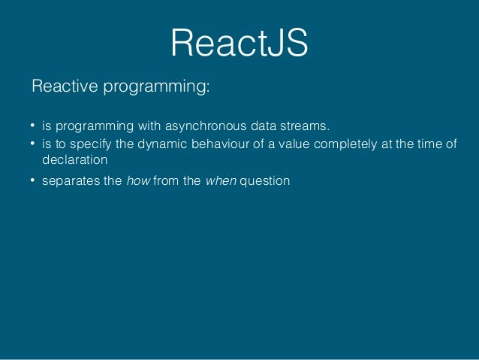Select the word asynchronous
click(201, 125)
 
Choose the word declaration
click(75, 159)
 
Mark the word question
click(264, 182)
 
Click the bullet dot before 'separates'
click(33, 182)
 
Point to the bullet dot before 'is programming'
click(33, 126)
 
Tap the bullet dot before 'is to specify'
click(33, 144)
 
